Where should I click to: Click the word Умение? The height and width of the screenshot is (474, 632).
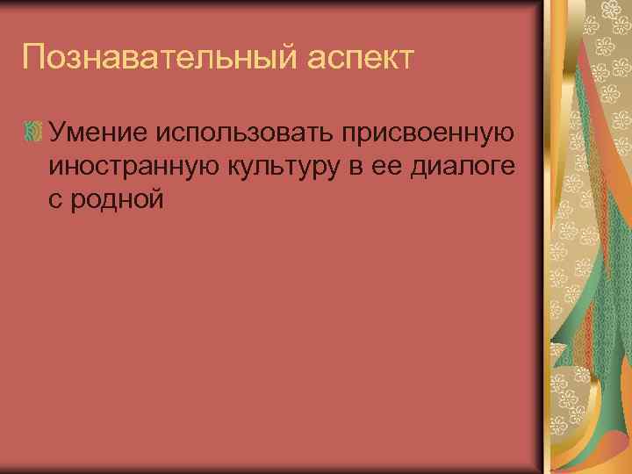click(99, 133)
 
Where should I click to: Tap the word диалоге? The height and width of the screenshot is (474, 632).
click(463, 168)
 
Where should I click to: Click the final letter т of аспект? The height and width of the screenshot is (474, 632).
click(404, 60)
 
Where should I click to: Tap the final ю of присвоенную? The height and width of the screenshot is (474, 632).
click(503, 133)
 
